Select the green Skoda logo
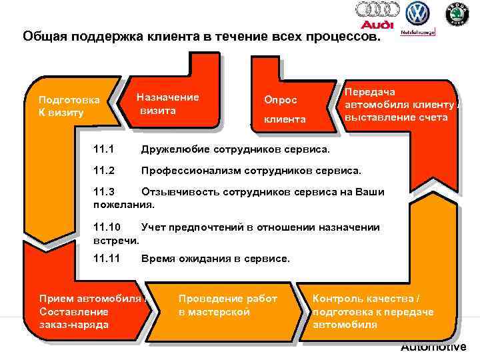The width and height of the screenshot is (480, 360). click(x=456, y=13)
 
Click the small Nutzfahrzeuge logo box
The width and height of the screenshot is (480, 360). click(x=419, y=31)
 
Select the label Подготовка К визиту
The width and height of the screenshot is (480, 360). click(x=69, y=106)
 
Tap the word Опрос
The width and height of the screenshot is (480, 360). click(x=281, y=99)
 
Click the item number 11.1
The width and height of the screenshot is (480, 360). click(x=105, y=147)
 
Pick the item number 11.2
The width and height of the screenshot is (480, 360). click(x=105, y=169)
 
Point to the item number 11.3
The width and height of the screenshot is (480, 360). click(x=105, y=191)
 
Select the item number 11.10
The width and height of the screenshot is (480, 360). click(x=107, y=227)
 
